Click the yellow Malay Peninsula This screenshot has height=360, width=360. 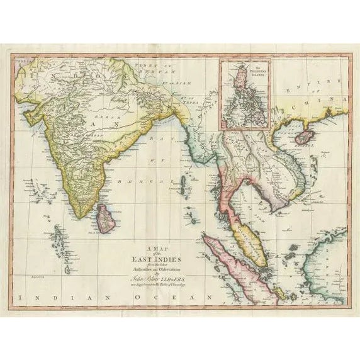tap(244, 242)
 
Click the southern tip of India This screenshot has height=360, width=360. tap(80, 217)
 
